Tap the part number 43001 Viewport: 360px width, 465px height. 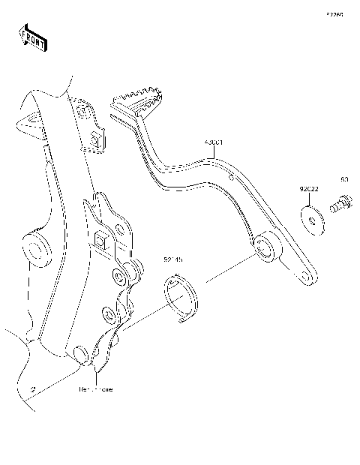coord(214,141)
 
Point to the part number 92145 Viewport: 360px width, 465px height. coord(173,260)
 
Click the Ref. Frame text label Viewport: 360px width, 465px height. coord(96,390)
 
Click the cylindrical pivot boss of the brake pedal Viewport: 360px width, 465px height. coord(264,248)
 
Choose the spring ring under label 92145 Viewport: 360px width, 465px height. coord(182,298)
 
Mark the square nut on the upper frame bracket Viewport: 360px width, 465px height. coord(95,139)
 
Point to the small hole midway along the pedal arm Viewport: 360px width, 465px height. coord(233,178)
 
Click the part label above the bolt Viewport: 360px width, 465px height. coord(344,180)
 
